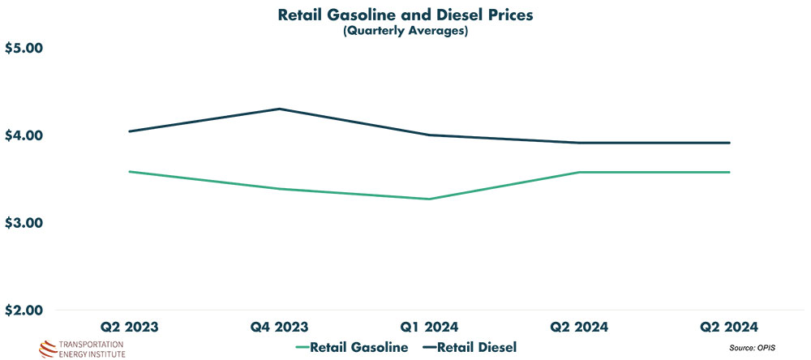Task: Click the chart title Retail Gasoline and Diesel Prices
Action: click(x=405, y=15)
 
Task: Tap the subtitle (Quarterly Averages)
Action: click(x=405, y=32)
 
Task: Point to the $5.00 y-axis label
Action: click(x=24, y=49)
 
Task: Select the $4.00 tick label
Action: click(x=24, y=135)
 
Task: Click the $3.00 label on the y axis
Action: click(x=24, y=223)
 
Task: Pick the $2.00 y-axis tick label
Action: click(x=24, y=311)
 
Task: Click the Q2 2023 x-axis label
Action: click(x=129, y=328)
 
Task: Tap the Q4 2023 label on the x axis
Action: click(x=279, y=328)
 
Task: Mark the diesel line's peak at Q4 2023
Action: click(x=279, y=109)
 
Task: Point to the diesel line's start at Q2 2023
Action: click(x=129, y=131)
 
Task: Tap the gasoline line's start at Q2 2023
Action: click(x=129, y=171)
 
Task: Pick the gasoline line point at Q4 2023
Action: click(x=279, y=189)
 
